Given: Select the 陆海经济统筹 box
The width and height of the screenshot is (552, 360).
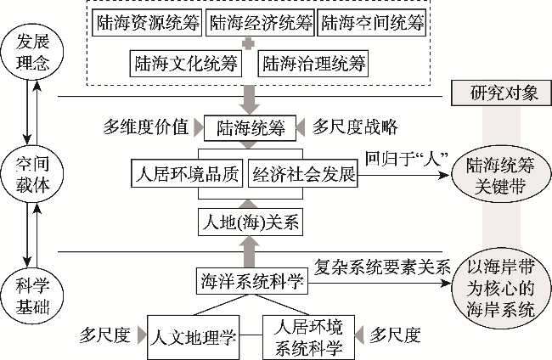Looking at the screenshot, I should pos(260,24).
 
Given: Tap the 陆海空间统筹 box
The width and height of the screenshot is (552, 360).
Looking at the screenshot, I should pos(371,24).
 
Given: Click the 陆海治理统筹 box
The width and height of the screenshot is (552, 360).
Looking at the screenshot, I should pos(313,63).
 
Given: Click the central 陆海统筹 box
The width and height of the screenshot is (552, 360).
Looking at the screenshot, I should pos(248,127).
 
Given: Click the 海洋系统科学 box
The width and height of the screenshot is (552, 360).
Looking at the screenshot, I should pos(249,279).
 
